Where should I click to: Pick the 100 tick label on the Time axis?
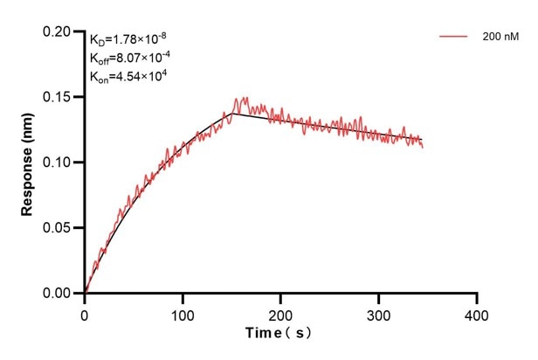(x=183, y=313)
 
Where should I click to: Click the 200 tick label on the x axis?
(x=280, y=313)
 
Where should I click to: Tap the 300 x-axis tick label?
(x=378, y=313)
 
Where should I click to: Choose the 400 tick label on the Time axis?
(x=476, y=313)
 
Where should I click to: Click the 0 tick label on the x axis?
(x=85, y=313)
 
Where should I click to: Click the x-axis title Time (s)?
(x=279, y=333)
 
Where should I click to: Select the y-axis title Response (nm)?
(x=28, y=163)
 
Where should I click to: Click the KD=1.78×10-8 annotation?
(x=128, y=38)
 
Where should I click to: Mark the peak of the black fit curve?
(x=231, y=113)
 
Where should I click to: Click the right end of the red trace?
(x=423, y=147)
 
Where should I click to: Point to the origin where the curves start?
(x=85, y=294)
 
